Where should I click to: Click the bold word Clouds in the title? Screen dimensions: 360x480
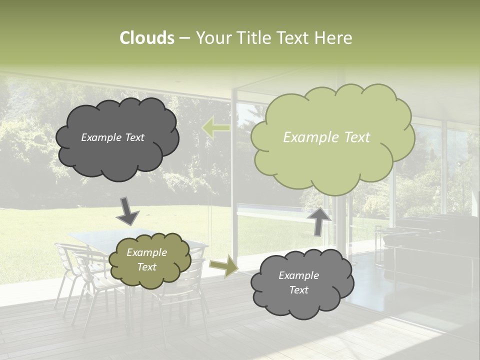tap(147, 38)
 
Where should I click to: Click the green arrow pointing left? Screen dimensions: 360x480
tap(215, 128)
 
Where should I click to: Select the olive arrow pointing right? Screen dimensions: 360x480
tap(223, 265)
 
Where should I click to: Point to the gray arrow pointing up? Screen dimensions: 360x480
tap(319, 220)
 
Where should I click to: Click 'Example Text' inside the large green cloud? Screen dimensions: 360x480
tap(326, 137)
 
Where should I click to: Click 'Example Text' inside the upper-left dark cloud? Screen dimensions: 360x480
tap(112, 137)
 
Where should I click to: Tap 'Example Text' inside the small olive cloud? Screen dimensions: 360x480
tap(147, 259)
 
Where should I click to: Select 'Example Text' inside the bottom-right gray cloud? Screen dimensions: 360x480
tap(298, 282)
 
